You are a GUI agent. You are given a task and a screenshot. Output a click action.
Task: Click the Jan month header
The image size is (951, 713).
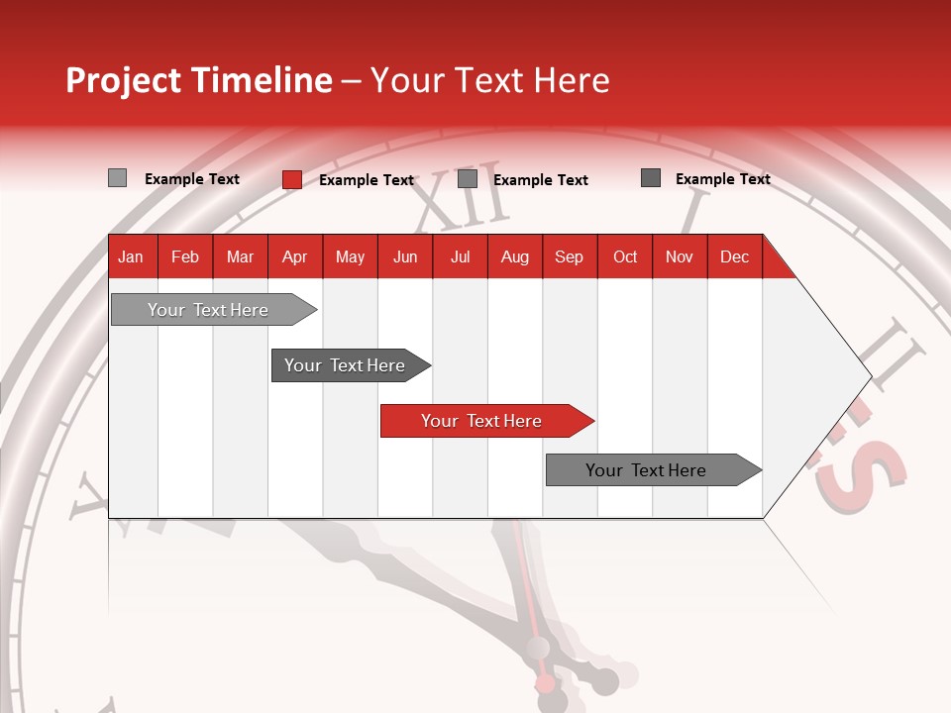pos(131,256)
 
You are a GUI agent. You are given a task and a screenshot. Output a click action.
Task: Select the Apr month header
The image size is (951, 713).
pos(295,256)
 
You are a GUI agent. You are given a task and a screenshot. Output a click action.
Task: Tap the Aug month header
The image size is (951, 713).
pos(515,256)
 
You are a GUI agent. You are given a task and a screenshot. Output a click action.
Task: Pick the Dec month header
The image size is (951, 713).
pos(734,256)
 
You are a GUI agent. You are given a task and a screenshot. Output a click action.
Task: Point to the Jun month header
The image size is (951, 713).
pos(405,256)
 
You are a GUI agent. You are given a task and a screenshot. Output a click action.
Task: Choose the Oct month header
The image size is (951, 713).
pos(625,256)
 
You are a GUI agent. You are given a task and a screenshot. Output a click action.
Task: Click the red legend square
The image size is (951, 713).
pos(292,179)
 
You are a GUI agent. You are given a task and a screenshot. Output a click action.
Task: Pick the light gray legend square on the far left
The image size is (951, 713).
pos(118,178)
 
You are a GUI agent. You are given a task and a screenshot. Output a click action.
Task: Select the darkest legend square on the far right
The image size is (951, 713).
pos(651,178)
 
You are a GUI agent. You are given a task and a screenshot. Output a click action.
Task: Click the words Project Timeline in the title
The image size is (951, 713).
pos(199,80)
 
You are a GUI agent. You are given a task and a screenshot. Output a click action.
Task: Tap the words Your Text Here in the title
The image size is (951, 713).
pos(489,80)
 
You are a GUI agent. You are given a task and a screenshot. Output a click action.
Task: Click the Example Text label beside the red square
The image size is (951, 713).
pos(367,180)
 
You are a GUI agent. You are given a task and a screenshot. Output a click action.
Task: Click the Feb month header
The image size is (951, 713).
pos(185,256)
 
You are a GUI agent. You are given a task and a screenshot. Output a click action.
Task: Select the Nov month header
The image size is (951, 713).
pos(680,256)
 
